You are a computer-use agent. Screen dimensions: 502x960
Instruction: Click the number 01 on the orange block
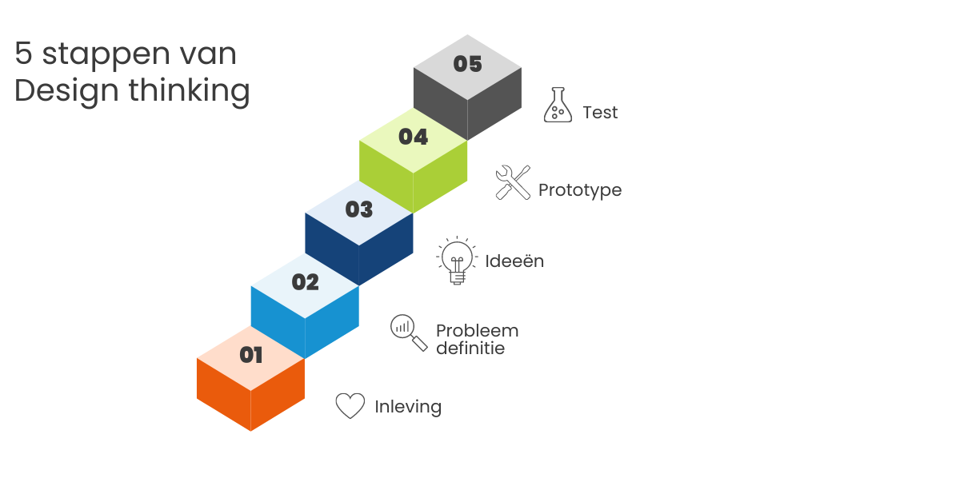[x=251, y=354]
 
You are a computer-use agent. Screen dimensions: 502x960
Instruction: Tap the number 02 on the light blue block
[x=305, y=282]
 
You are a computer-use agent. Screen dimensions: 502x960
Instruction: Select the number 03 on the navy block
[x=359, y=209]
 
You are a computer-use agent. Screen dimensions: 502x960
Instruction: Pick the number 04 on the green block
[x=413, y=137]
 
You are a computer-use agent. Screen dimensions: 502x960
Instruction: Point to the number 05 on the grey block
[x=467, y=64]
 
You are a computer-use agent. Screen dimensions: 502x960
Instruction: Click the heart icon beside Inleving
[x=350, y=406]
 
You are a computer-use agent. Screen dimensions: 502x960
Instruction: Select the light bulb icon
[x=457, y=261]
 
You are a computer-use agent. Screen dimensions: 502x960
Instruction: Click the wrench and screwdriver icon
[x=513, y=182]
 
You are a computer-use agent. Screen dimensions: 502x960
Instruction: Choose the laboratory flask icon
[x=558, y=106]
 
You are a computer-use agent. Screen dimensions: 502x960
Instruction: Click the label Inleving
[x=408, y=406]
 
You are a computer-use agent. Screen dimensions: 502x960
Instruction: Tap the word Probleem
[x=477, y=330]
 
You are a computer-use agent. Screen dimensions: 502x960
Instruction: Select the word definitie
[x=470, y=349]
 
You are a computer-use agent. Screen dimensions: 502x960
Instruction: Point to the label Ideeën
[x=514, y=261]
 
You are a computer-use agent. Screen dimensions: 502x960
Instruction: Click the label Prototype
[x=579, y=190]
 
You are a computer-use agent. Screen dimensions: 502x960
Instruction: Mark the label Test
[x=600, y=113]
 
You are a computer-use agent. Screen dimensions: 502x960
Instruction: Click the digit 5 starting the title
[x=23, y=54]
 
